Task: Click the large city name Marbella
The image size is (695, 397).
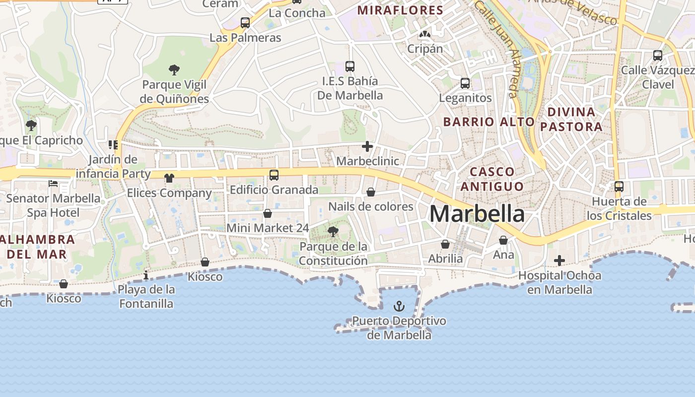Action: [x=477, y=214]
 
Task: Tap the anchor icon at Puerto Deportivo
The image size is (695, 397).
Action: [x=399, y=306]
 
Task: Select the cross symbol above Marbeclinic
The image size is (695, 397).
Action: [x=367, y=146]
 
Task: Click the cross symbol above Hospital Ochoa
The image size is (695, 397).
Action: [x=559, y=261]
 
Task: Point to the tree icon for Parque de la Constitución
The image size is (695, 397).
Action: [x=333, y=231]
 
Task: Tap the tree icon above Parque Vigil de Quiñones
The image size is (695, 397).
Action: [x=174, y=70]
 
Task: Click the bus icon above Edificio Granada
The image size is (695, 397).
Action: [x=274, y=175]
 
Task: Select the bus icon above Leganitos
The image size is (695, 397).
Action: [x=465, y=83]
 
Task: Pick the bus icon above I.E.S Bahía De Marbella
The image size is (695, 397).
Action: [x=350, y=66]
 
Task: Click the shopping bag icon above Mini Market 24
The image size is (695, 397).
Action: [x=268, y=213]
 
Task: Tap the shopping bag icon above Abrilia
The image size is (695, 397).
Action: [x=445, y=244]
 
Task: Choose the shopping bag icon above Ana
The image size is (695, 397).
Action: [x=503, y=240]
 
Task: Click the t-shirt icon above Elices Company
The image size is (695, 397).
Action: [x=169, y=178]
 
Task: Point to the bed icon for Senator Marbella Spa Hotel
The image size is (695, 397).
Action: [x=53, y=184]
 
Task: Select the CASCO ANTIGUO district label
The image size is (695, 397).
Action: [x=492, y=179]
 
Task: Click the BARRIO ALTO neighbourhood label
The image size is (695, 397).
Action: [x=488, y=122]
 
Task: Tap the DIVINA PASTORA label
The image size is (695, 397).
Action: [x=571, y=119]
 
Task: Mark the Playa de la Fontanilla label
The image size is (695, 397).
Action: [x=146, y=296]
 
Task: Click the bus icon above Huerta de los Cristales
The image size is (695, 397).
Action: [x=619, y=187]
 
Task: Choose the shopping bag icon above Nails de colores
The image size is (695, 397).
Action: [x=371, y=192]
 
